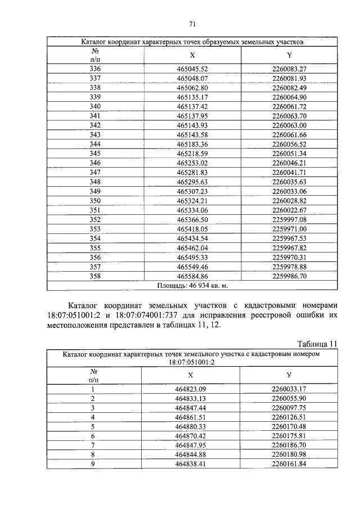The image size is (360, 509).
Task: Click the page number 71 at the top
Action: [x=191, y=24]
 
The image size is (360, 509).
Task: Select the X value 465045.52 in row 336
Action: [x=192, y=69]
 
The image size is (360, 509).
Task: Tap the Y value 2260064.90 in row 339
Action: [x=289, y=97]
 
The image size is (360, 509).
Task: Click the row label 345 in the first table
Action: [x=95, y=154]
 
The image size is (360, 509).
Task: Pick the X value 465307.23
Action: [x=192, y=191]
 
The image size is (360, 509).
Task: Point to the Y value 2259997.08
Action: [x=289, y=219]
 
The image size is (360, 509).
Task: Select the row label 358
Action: [x=95, y=276]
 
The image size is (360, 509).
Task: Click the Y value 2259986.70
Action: [x=289, y=276]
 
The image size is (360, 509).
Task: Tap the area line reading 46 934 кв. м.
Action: [x=191, y=286]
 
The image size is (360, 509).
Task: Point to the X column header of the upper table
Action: [x=192, y=55]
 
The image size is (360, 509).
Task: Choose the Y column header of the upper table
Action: [x=289, y=55]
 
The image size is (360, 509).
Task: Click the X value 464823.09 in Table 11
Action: [x=191, y=389]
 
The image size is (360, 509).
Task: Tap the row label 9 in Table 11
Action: [x=94, y=464]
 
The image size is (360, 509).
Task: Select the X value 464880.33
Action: [x=191, y=426]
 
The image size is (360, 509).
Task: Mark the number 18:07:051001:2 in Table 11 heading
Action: [x=191, y=362]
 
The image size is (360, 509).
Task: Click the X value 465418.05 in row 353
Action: [x=192, y=229]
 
